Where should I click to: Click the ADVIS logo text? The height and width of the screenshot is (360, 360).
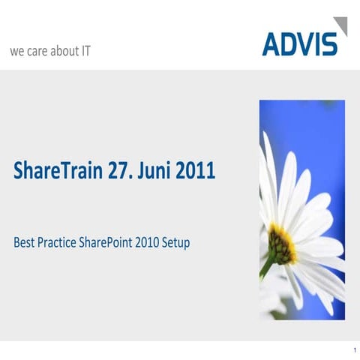tap(299, 43)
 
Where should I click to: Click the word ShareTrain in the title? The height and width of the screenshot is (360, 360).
tap(60, 171)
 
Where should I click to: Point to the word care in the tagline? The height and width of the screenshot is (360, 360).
tap(38, 52)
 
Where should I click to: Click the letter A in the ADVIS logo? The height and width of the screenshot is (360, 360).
tap(271, 43)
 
